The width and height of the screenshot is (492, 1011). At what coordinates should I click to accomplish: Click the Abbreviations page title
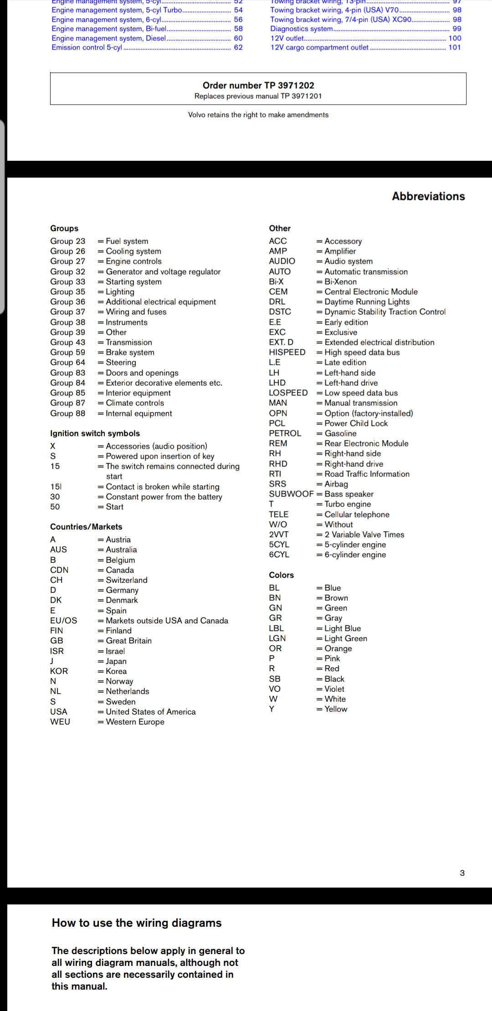(x=428, y=196)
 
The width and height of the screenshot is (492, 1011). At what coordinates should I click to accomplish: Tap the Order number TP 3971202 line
(x=258, y=85)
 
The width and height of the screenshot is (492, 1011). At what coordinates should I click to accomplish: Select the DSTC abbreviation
(x=280, y=312)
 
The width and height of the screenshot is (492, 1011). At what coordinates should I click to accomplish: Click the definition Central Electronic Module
(x=371, y=291)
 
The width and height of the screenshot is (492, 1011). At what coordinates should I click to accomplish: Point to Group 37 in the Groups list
(x=67, y=312)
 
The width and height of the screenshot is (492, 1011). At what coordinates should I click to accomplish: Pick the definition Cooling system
(x=133, y=251)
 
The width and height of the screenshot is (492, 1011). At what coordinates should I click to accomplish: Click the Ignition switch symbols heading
(x=95, y=434)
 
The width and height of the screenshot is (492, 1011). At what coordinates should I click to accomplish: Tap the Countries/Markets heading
(x=86, y=527)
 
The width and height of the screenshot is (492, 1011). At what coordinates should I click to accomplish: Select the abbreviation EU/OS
(x=63, y=621)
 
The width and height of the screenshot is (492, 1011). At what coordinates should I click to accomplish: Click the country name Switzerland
(x=127, y=580)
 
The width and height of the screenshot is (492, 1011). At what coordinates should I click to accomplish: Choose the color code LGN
(x=277, y=638)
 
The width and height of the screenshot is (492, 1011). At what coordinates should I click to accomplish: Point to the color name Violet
(x=334, y=689)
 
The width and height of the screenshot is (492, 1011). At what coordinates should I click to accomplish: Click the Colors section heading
(x=281, y=575)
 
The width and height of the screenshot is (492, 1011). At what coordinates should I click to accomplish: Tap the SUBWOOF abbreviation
(x=291, y=494)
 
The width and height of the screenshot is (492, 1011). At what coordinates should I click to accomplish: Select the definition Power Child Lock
(x=356, y=424)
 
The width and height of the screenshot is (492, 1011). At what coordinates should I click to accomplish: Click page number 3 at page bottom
(x=462, y=873)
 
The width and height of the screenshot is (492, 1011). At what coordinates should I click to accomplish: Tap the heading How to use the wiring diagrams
(x=137, y=923)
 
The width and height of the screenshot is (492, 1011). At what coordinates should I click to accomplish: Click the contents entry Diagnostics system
(x=302, y=29)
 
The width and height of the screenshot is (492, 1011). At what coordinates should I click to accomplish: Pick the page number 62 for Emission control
(x=238, y=47)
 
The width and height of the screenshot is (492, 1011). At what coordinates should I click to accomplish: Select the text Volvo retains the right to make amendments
(x=258, y=115)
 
